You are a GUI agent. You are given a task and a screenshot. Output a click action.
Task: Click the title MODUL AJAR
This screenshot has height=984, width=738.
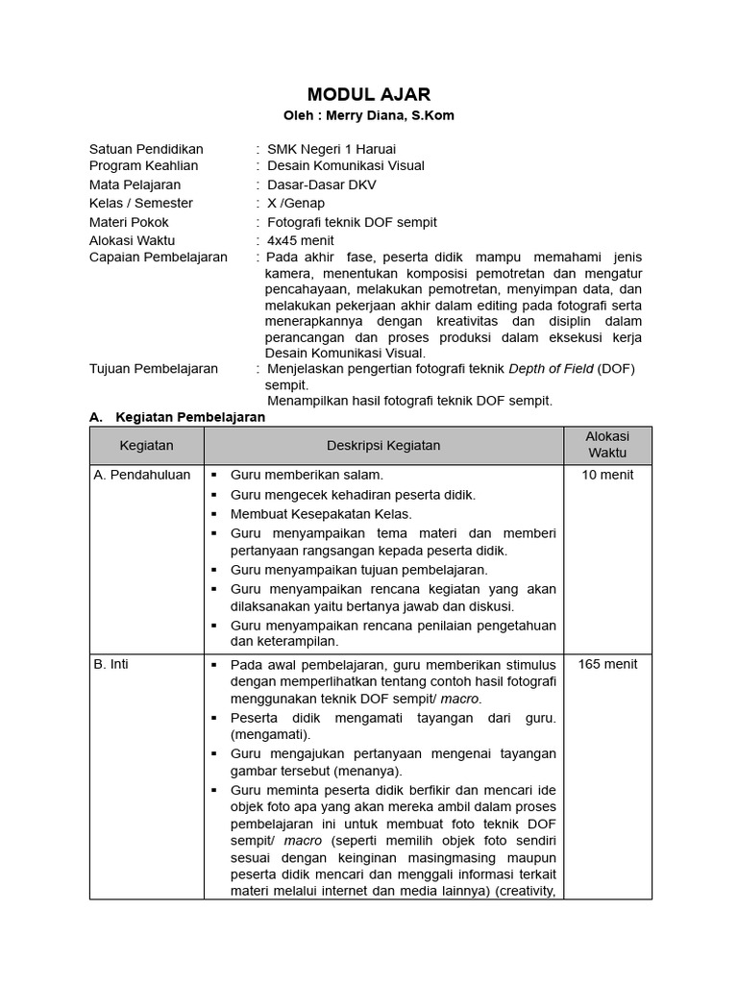coord(369,93)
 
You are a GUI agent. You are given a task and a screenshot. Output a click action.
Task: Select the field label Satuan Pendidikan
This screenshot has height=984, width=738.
coord(146,149)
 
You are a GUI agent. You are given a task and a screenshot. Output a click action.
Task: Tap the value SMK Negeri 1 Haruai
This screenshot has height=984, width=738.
coord(331,149)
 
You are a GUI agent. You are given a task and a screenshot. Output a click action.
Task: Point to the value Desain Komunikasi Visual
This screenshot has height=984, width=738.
coord(345,165)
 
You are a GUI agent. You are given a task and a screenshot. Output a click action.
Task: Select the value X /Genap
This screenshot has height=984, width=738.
coord(296,203)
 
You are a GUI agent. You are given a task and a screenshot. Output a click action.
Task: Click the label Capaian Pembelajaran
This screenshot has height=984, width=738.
coord(159,257)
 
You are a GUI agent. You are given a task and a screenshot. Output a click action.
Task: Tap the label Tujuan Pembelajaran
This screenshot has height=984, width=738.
coord(154,368)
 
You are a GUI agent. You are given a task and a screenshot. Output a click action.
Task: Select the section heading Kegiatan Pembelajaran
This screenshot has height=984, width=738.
coord(189,417)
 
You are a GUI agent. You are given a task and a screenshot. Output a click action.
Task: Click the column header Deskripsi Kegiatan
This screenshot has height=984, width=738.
coord(383,445)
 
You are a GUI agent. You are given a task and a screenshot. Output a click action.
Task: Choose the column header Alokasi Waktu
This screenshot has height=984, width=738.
coord(607,444)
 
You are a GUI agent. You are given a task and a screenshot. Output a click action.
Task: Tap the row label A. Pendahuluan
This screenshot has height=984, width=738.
coord(142,475)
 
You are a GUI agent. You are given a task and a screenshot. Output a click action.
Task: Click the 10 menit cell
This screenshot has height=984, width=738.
coord(607,475)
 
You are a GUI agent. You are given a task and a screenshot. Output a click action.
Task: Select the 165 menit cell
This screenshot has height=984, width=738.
coord(607,664)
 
